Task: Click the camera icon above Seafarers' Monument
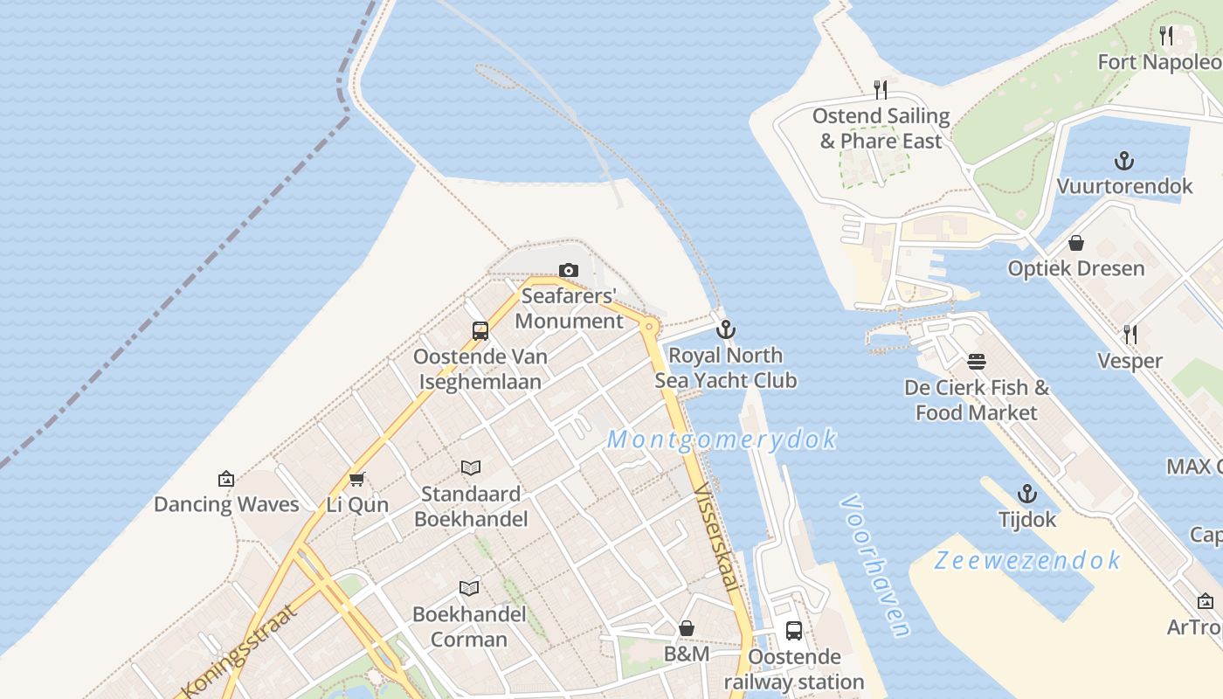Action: point(569,271)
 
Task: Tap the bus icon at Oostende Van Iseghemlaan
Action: point(480,331)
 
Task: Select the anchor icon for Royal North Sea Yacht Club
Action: point(725,330)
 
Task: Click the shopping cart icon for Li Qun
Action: point(356,479)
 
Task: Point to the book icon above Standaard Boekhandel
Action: point(471,468)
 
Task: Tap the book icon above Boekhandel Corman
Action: point(469,588)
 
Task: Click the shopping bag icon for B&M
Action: point(687,628)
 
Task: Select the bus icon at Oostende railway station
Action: point(794,631)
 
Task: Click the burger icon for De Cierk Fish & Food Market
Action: point(977,362)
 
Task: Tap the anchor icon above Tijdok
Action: point(1027,494)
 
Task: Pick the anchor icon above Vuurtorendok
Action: point(1124,161)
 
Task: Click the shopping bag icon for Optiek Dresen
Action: point(1076,243)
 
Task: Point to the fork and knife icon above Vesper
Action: point(1130,335)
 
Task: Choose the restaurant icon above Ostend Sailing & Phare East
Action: point(881,90)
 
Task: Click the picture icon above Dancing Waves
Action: point(226,479)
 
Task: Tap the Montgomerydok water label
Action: point(722,439)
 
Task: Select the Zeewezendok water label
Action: point(1027,560)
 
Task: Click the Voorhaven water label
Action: point(875,566)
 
